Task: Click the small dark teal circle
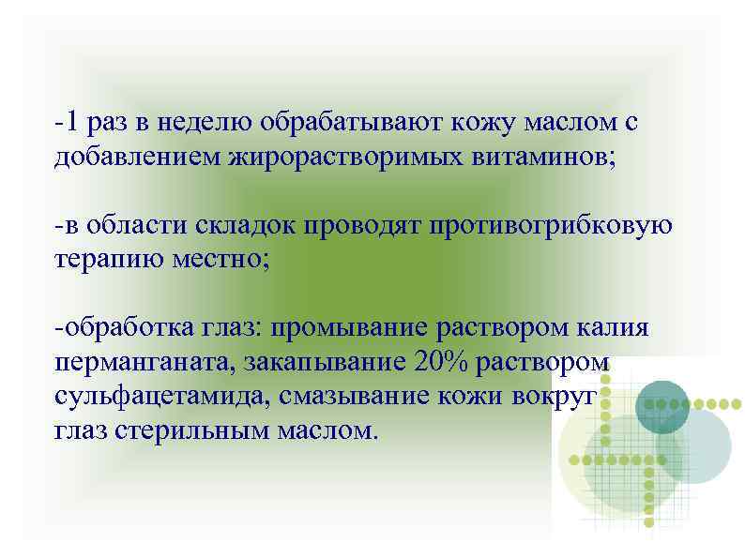coord(662,406)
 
